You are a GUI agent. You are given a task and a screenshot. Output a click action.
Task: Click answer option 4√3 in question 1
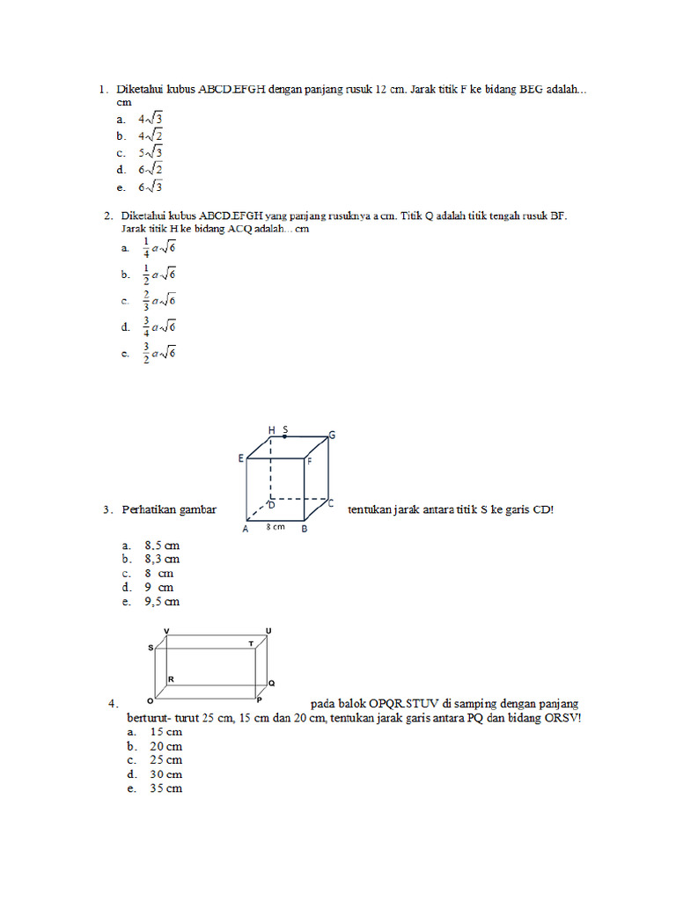(x=151, y=119)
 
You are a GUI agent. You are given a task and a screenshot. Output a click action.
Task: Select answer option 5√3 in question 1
(x=151, y=152)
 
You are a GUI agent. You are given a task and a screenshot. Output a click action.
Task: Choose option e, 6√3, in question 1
(x=151, y=187)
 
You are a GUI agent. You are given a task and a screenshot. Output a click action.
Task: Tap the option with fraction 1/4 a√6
(x=159, y=249)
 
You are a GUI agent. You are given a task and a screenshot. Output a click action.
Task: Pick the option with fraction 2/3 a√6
(x=159, y=301)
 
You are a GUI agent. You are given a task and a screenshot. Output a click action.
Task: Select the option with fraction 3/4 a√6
(x=159, y=326)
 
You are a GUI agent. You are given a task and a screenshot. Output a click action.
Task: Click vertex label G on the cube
(x=333, y=435)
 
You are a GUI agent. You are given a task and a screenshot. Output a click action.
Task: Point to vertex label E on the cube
(x=240, y=458)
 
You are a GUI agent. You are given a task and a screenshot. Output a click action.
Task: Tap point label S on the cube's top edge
(x=285, y=429)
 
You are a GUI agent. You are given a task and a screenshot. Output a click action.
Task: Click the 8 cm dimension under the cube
(x=275, y=528)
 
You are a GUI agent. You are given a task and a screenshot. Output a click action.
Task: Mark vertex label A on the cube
(x=245, y=530)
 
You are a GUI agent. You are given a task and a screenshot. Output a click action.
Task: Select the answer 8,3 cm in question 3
(x=162, y=559)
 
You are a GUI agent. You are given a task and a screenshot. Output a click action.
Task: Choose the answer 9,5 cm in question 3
(x=162, y=602)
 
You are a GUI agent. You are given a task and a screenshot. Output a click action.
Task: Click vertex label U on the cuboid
(x=268, y=631)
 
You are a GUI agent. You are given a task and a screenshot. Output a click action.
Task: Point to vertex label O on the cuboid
(x=150, y=702)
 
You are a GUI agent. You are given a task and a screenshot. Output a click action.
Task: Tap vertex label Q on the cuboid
(x=271, y=683)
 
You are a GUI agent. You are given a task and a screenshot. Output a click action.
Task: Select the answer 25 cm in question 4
(x=165, y=759)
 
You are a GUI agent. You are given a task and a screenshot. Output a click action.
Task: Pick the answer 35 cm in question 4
(x=165, y=788)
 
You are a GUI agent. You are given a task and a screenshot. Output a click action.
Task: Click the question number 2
(x=107, y=215)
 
